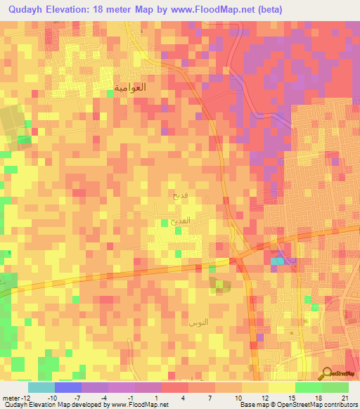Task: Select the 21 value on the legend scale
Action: click(345, 397)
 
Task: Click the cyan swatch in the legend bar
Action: click(41, 387)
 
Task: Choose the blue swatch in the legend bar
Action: click(68, 387)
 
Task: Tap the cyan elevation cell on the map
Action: click(278, 261)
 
